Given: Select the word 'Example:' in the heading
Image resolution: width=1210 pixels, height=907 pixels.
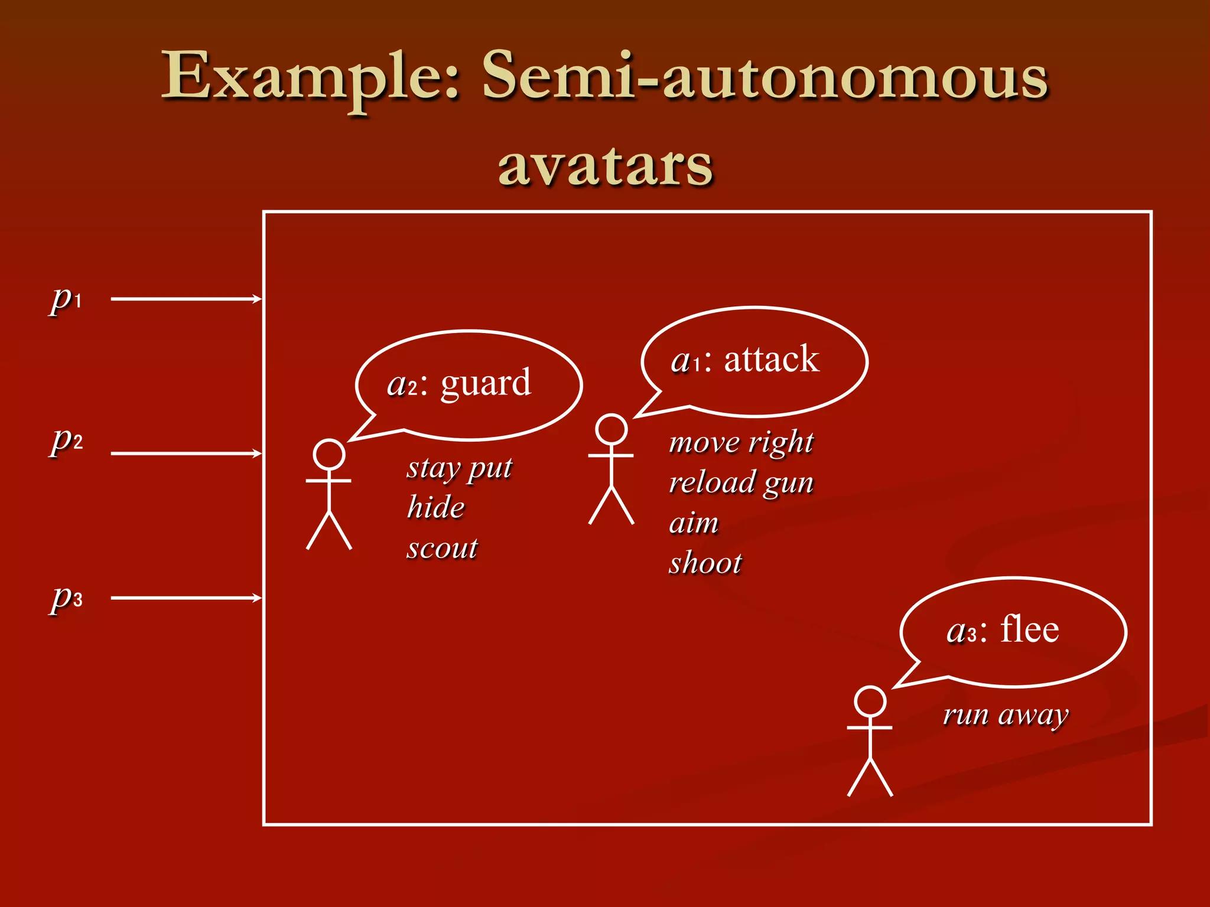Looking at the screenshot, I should click(x=311, y=77).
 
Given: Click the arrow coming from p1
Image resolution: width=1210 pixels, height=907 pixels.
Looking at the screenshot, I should click(x=186, y=299).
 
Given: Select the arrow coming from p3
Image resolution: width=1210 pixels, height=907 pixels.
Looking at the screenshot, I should click(x=186, y=598).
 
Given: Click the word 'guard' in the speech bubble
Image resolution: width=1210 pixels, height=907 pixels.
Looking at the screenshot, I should click(x=486, y=384).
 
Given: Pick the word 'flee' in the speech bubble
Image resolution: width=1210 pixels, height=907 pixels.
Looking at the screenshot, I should click(x=1029, y=629).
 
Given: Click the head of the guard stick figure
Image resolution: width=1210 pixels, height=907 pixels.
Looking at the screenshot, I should click(x=329, y=455).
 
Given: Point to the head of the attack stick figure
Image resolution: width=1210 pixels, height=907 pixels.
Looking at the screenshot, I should click(x=611, y=429).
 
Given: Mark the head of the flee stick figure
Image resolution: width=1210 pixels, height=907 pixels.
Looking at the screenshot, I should click(x=870, y=702).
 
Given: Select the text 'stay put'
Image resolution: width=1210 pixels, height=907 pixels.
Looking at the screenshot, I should click(x=460, y=469).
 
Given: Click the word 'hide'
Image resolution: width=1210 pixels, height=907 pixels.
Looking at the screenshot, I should click(x=436, y=508).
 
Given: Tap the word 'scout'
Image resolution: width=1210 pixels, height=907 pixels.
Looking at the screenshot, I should click(x=442, y=548).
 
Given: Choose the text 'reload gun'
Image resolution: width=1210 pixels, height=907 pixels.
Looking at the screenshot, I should click(x=741, y=483).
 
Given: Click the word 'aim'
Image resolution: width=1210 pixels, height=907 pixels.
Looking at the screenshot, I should click(x=694, y=523).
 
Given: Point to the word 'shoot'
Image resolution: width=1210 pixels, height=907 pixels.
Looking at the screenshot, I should click(x=705, y=563).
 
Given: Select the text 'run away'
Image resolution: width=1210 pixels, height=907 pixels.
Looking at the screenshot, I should click(x=1006, y=716).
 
